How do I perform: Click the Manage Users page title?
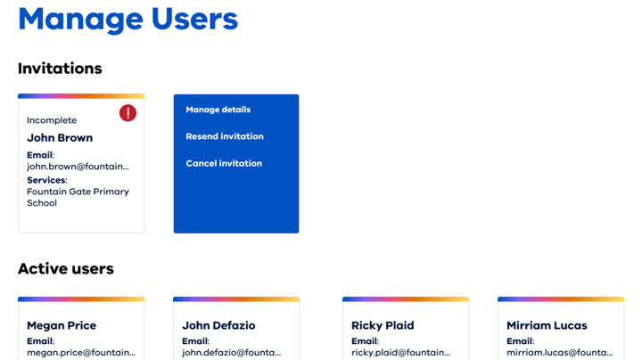point(128,20)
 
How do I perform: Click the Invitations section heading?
point(60,69)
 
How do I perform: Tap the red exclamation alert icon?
point(128,113)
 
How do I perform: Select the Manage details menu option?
point(218,110)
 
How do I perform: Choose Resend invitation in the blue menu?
point(225,136)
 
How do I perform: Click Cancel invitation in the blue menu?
point(224,163)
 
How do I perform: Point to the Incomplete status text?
point(52,120)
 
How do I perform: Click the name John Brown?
point(60,138)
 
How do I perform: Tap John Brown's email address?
point(78,166)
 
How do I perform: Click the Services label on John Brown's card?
point(46,180)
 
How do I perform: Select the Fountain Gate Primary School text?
point(78,197)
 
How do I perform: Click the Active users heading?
point(66,268)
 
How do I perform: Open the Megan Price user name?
point(62,325)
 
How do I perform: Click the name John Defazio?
point(218,325)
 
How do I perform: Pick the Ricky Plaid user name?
point(383,325)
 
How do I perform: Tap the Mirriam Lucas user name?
point(547,325)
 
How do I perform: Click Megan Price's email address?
point(81,353)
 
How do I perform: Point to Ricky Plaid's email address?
point(400,353)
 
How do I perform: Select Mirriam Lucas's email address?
point(559,353)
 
